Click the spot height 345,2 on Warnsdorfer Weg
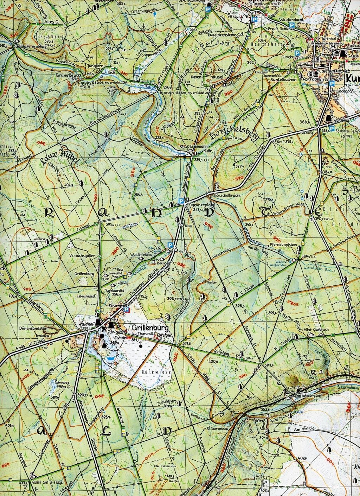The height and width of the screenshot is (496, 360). point(249,223)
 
